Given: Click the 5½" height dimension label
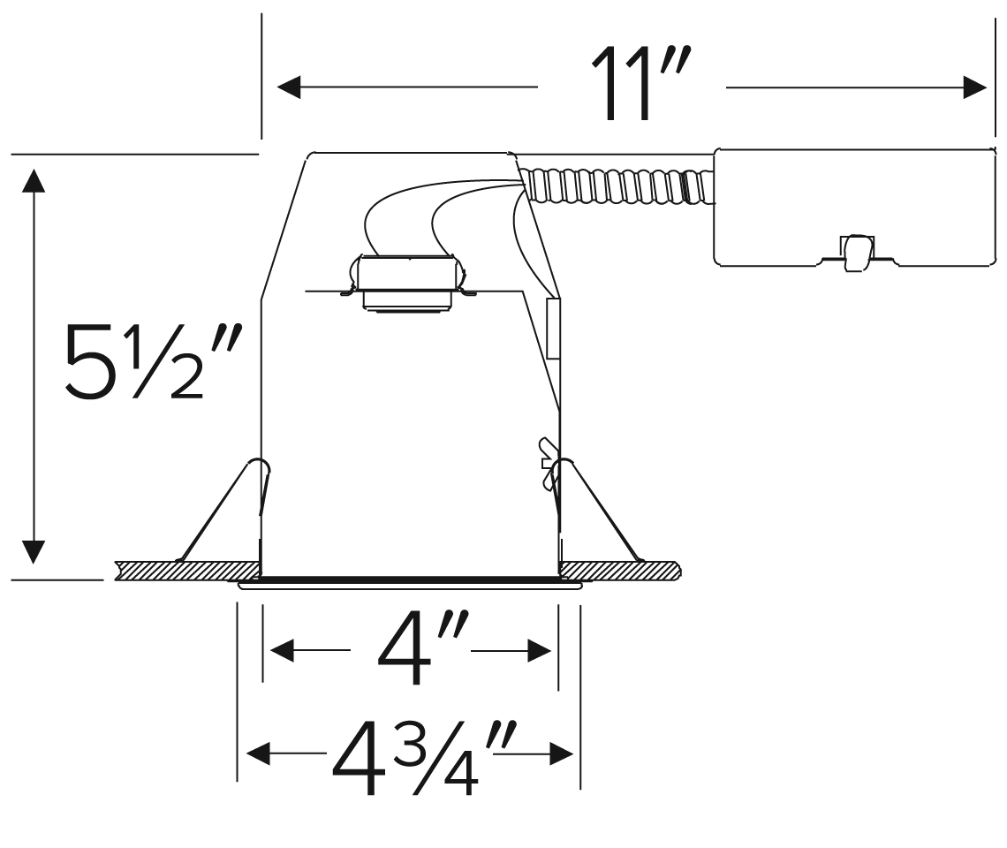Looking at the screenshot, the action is [x=153, y=361].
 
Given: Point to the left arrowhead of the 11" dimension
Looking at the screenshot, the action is [x=288, y=87].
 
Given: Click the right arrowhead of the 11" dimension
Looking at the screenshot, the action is [x=975, y=87].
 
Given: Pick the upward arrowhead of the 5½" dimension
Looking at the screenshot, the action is [x=34, y=180].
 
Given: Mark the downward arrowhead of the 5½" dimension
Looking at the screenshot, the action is [x=34, y=552].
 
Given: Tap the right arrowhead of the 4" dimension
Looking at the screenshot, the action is [x=540, y=650].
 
